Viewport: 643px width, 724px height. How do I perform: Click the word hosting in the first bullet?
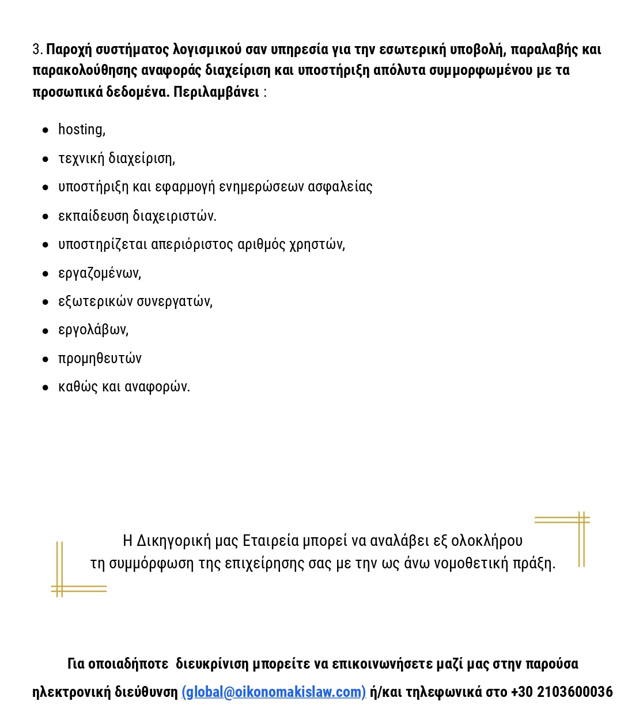click(x=81, y=130)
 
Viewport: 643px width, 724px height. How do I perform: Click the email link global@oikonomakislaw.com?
click(x=274, y=692)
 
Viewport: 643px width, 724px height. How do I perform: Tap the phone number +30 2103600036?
click(x=562, y=692)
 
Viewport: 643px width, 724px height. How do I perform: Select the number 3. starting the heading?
click(x=37, y=50)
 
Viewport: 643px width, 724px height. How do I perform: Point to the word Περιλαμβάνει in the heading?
click(x=217, y=92)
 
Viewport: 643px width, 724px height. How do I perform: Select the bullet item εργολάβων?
click(x=93, y=330)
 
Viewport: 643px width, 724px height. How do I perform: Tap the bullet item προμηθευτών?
click(x=100, y=359)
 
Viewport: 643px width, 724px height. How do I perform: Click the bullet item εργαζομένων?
click(x=99, y=273)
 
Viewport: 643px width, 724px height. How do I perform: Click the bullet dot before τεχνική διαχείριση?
click(x=46, y=159)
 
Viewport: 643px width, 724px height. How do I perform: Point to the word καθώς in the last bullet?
click(x=78, y=387)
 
